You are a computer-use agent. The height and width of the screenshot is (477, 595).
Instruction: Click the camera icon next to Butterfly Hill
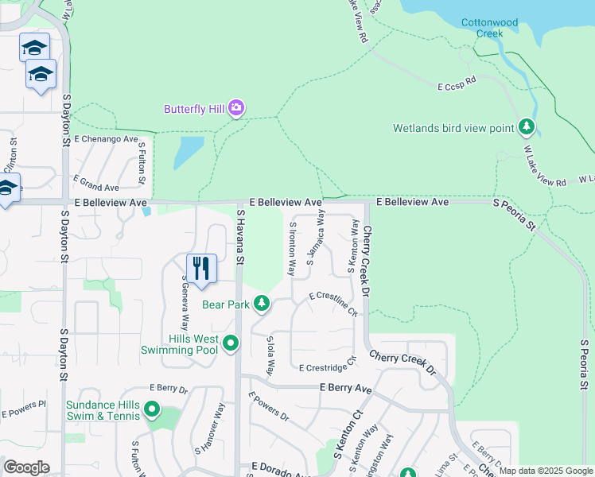[x=235, y=108]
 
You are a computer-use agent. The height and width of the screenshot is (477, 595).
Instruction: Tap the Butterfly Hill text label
[x=195, y=109]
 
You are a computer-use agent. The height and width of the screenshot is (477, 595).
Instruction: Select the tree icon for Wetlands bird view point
[x=526, y=127]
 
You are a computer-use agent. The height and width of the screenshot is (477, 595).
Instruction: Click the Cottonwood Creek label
[x=488, y=28]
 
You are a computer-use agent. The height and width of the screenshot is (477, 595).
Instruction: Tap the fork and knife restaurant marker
[x=201, y=268]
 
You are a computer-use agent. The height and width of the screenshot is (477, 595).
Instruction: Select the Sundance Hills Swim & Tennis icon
[x=151, y=410]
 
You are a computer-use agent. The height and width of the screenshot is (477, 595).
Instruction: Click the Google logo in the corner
[x=26, y=467]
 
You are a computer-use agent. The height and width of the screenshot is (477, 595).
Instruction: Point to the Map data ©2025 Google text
[x=546, y=471]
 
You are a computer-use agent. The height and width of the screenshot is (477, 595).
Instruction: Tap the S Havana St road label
[x=240, y=235]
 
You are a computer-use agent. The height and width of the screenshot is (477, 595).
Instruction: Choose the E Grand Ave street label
[x=95, y=188]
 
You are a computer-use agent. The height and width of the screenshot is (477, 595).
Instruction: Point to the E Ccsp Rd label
[x=457, y=81]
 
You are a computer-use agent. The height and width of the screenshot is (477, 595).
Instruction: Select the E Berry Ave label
[x=345, y=388]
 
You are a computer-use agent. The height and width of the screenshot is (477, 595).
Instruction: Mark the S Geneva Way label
[x=185, y=307]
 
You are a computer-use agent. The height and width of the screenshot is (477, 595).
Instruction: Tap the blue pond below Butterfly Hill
[x=187, y=152]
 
